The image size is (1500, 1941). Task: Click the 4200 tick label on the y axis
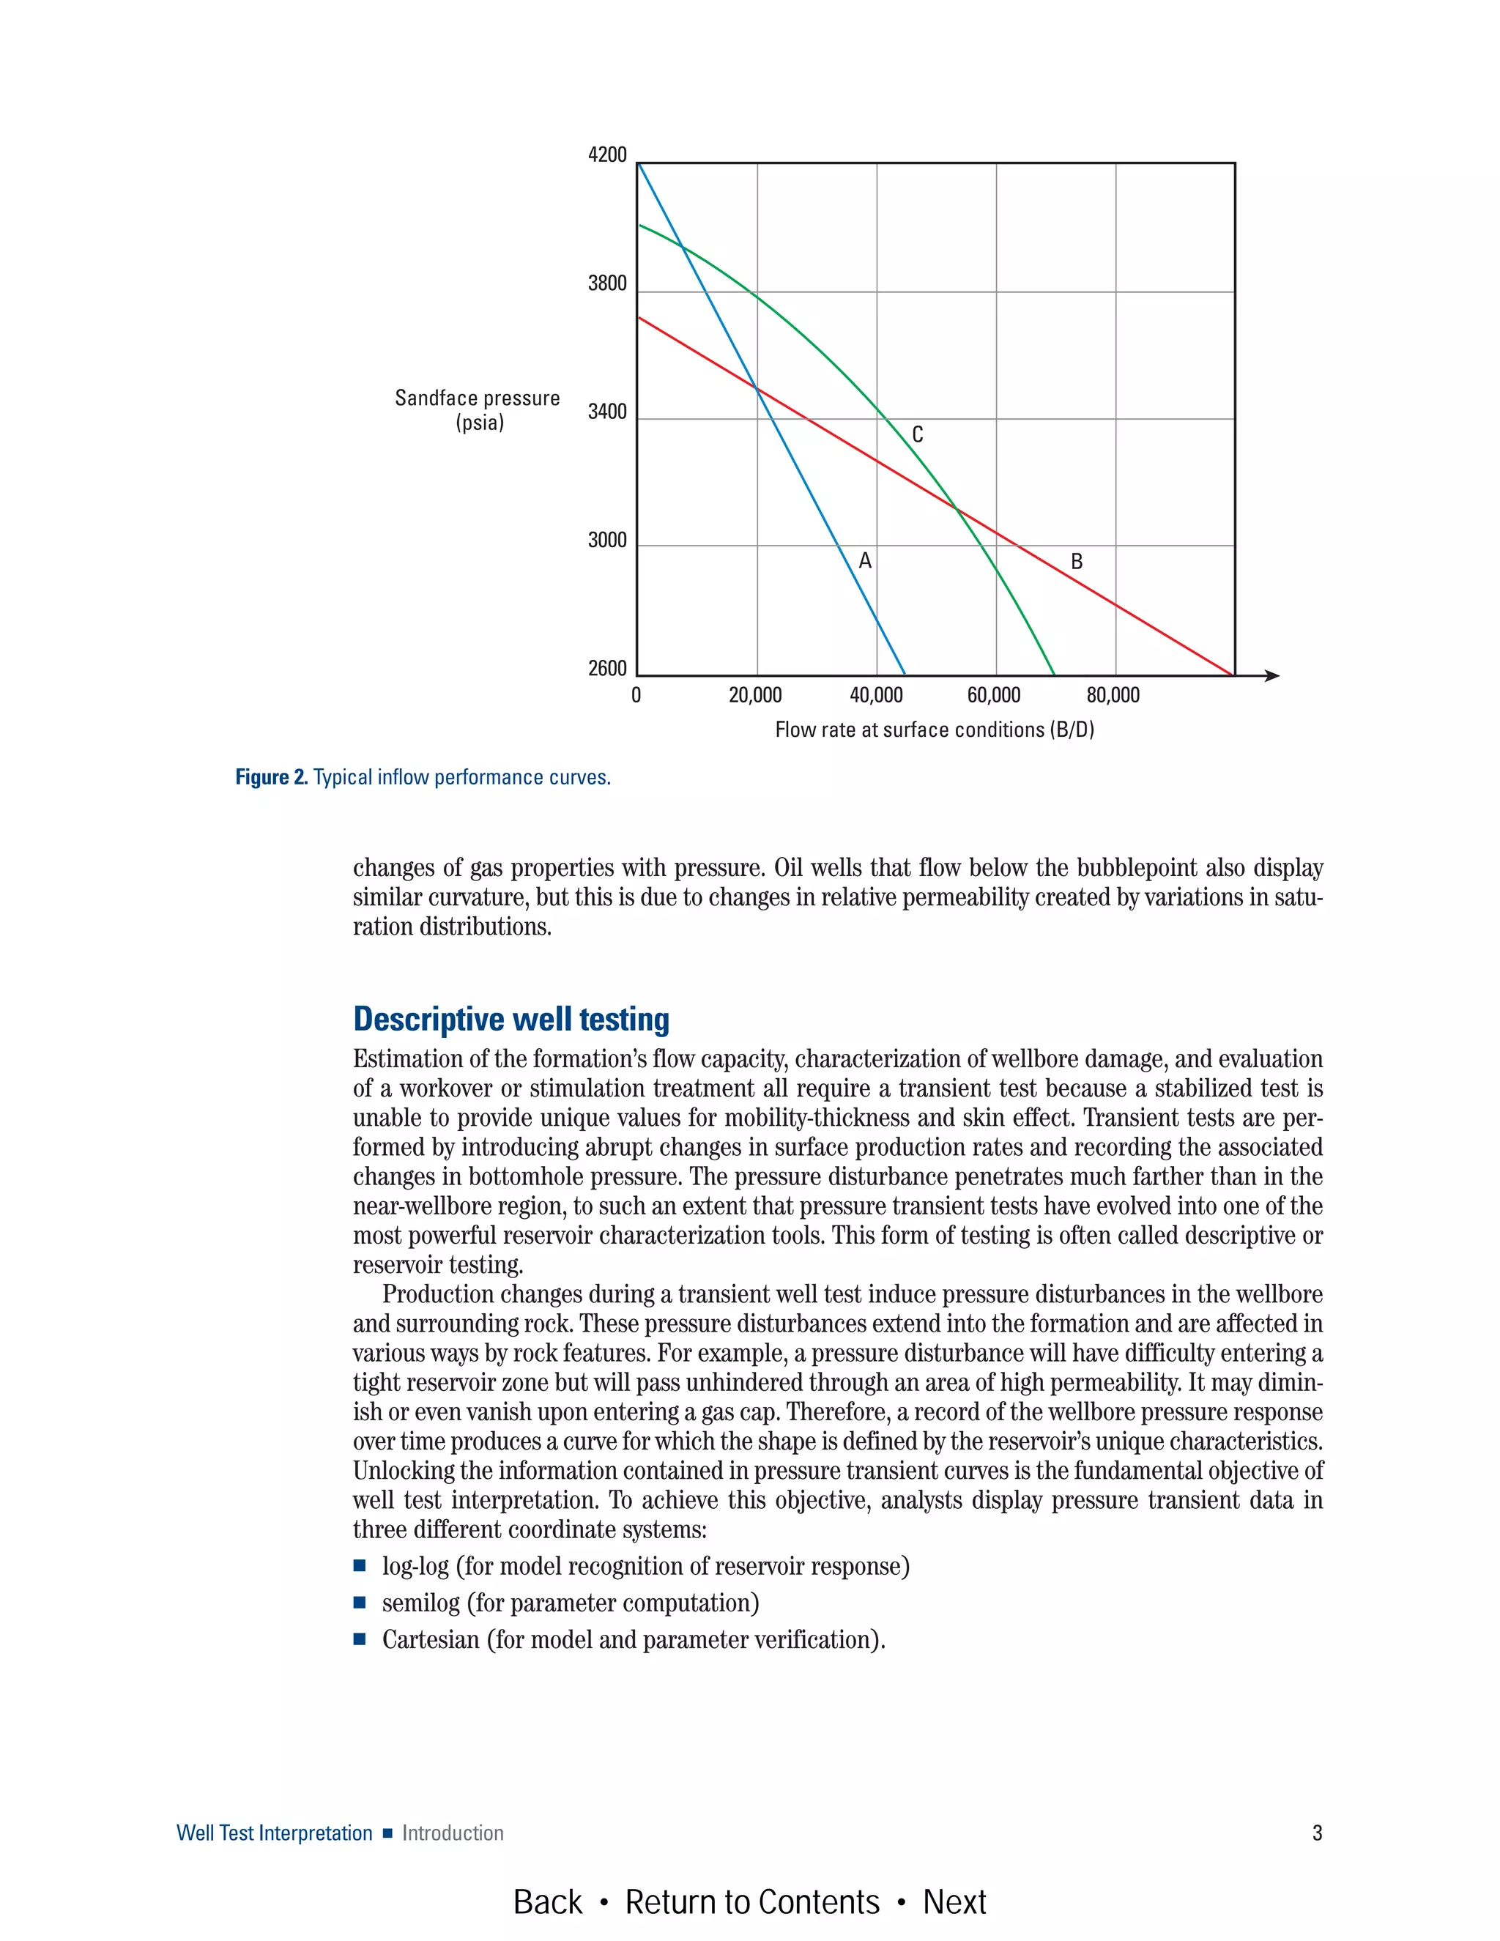[607, 155]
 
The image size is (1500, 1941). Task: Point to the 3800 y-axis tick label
[607, 283]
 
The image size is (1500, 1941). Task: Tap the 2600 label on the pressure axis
[607, 668]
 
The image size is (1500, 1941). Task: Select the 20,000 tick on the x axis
[755, 696]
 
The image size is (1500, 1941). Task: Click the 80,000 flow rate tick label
[1113, 696]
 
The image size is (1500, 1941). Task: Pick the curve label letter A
[865, 561]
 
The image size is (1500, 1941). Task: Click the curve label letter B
[1076, 562]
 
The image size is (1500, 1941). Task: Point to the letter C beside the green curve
[917, 434]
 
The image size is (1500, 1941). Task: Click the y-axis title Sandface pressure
[478, 398]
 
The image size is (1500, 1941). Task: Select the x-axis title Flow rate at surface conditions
[934, 730]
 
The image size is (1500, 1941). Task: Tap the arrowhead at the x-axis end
[1271, 676]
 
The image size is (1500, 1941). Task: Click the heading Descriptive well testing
[511, 1019]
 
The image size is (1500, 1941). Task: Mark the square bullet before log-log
[360, 1565]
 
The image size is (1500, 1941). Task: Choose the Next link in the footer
[954, 1902]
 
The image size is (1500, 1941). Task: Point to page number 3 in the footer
[1317, 1833]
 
